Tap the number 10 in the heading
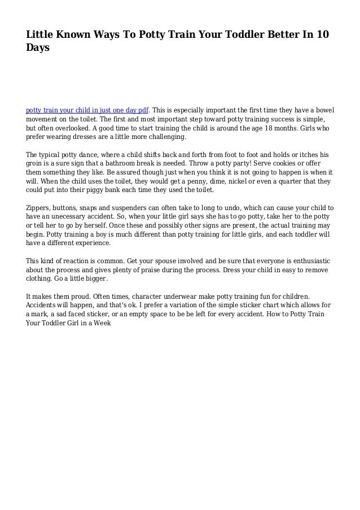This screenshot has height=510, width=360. point(323,35)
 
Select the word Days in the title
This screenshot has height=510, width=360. point(38,49)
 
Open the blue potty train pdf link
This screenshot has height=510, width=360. point(87,110)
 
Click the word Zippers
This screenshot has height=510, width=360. point(41,208)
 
